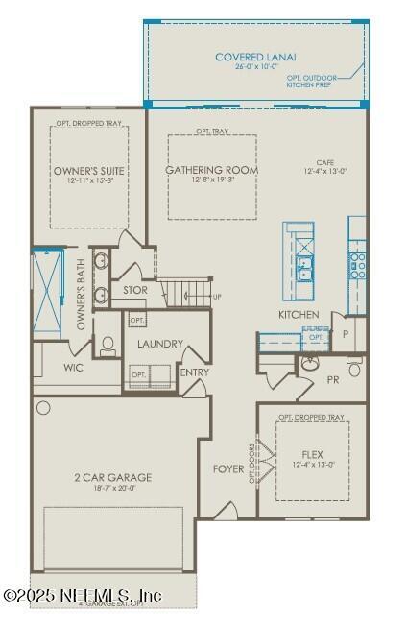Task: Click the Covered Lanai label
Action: coord(255,58)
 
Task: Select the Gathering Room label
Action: coord(212,171)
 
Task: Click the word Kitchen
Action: coord(299,315)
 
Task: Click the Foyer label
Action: coord(228,469)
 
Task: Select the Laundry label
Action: coord(160,343)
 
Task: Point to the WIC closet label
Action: coord(73,367)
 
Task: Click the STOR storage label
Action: coord(135,290)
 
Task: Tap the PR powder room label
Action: coord(333,379)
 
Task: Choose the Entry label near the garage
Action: coord(195,372)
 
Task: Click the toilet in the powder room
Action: coord(310,364)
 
